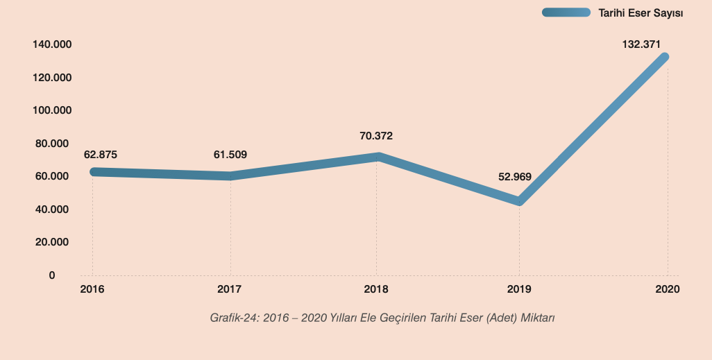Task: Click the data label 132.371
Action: coord(641,44)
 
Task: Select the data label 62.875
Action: coord(101,155)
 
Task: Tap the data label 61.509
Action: coord(230,155)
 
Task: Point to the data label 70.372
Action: coord(376,136)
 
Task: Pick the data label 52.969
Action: coord(515,177)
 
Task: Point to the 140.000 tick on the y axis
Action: coord(52,45)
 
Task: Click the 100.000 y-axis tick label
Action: coord(52,111)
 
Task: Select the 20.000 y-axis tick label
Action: coord(52,243)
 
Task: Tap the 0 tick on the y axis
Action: coord(52,275)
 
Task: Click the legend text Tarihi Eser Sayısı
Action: coord(641,12)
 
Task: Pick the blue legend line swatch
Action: coord(566,12)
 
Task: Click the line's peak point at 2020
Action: coord(666,57)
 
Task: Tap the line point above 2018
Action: coord(376,157)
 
